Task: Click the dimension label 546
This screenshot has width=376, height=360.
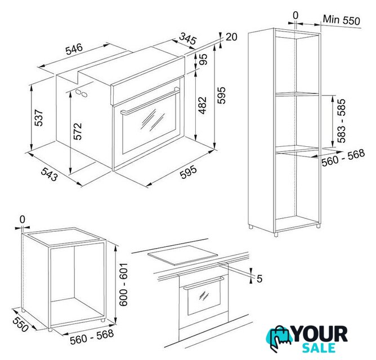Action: click(74, 49)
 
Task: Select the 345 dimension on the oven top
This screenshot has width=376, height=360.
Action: click(188, 38)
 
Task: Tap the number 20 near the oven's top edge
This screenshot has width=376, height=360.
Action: click(231, 37)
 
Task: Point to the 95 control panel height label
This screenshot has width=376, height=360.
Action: click(203, 59)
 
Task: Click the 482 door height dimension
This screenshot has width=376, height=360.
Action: click(203, 105)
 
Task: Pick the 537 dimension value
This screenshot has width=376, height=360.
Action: click(38, 118)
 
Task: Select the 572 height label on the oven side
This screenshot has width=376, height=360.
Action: click(78, 131)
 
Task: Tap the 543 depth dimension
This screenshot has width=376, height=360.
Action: click(50, 174)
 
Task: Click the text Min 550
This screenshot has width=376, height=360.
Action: click(342, 20)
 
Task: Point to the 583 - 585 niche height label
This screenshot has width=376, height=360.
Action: click(342, 120)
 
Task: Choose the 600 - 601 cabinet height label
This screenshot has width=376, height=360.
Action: click(123, 284)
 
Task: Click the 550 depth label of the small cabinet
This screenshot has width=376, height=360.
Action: click(21, 324)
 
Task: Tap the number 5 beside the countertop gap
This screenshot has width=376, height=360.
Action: click(259, 278)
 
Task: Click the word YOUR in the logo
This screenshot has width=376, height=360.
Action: click(320, 334)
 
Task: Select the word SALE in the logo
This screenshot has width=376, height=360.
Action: click(319, 348)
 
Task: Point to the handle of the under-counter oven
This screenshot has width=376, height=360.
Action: click(204, 282)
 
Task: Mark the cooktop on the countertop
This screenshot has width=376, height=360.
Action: click(183, 255)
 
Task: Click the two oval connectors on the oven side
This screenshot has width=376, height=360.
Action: click(81, 93)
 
